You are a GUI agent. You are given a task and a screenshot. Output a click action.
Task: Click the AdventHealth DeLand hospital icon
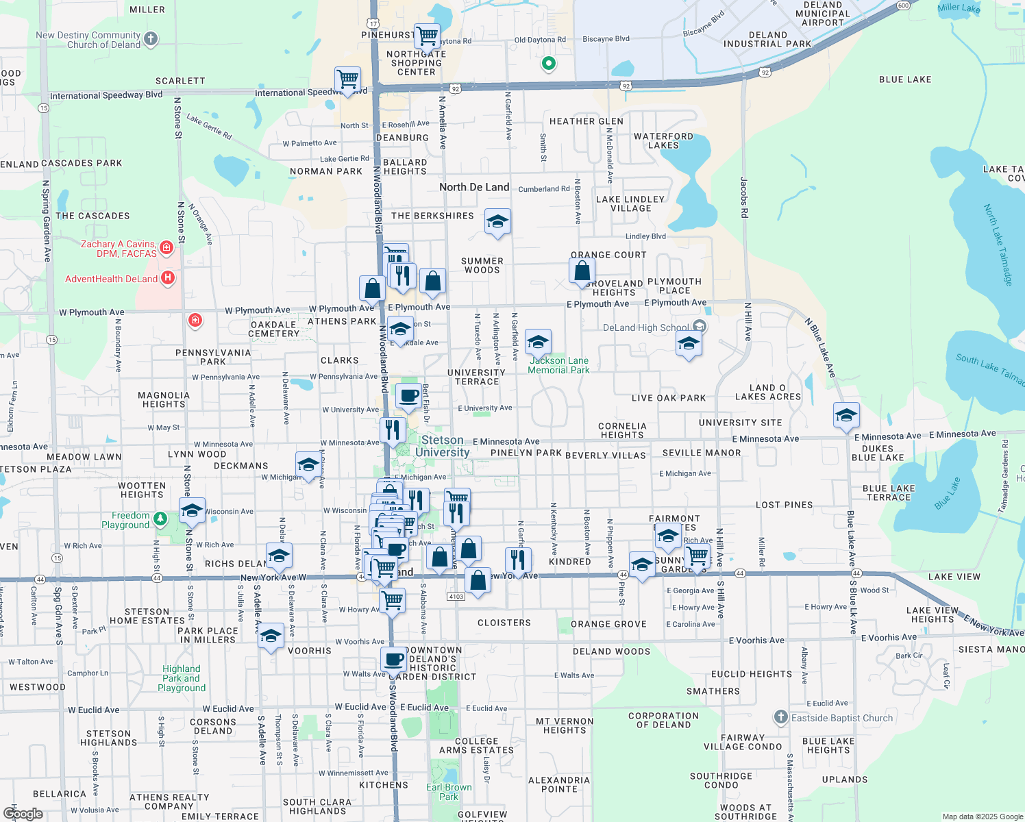click(167, 278)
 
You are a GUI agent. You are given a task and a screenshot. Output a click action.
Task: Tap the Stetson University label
click(442, 446)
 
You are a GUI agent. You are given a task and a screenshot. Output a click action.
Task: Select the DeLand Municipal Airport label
click(822, 14)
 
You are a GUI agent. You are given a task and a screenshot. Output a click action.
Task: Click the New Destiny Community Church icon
click(151, 39)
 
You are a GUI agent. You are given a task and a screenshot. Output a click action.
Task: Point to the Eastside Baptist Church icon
click(780, 717)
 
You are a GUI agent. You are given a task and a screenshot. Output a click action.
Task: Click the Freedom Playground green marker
click(160, 519)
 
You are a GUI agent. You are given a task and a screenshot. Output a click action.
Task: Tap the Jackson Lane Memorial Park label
click(558, 365)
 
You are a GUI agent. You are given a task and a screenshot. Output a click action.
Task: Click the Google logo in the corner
click(23, 814)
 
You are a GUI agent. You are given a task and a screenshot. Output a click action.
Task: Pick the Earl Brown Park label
click(449, 792)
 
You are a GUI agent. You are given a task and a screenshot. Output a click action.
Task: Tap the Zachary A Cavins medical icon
click(166, 247)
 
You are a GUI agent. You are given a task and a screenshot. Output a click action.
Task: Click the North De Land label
click(474, 187)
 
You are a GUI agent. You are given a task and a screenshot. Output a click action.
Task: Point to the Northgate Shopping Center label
click(416, 63)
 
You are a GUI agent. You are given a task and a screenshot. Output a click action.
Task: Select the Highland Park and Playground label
click(182, 678)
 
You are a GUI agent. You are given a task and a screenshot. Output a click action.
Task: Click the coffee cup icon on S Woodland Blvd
click(393, 659)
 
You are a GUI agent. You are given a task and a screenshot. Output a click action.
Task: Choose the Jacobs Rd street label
click(744, 197)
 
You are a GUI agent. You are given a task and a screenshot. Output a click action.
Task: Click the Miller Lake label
click(959, 8)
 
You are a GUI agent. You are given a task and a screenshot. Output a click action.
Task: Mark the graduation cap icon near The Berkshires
click(497, 221)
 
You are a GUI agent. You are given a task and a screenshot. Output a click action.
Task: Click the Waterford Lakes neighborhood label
click(663, 140)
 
